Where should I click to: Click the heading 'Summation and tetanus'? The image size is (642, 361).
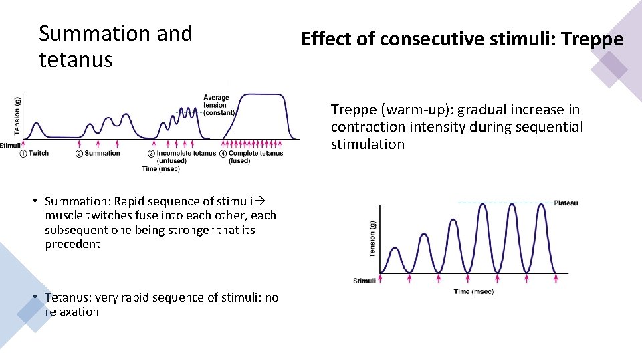coord(115,46)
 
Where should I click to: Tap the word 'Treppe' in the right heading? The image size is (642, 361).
coord(592,39)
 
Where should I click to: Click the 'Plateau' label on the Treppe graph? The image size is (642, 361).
coord(566,203)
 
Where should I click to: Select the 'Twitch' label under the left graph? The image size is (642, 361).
coord(39,153)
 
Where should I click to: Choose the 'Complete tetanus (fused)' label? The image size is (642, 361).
coord(255,157)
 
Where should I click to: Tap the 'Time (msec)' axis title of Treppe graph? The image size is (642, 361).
coord(475,291)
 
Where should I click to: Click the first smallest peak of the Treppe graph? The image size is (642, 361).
coord(395,249)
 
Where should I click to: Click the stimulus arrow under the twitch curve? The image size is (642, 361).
coord(23,143)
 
